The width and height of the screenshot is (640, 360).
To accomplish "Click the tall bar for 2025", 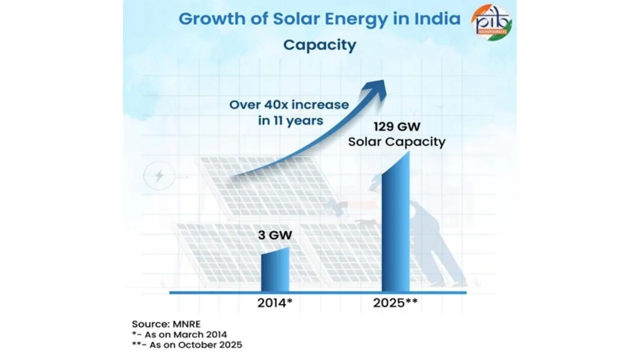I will point(395,225).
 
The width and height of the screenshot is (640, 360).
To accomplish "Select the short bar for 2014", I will point(275,270).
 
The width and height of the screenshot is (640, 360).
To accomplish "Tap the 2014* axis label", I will point(274,303).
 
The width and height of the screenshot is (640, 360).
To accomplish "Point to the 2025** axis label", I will point(395,303).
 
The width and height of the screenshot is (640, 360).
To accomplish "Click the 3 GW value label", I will point(275,235).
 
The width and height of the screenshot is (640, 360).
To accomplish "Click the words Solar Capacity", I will point(396,142).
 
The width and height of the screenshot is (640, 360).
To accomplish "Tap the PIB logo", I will point(491,23).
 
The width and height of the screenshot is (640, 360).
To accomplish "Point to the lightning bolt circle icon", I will point(159,176).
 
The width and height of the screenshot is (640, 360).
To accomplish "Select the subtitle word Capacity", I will point(319,45).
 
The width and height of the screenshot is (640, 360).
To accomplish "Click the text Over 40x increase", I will point(288,105).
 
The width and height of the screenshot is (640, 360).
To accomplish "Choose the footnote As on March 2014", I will point(182,334).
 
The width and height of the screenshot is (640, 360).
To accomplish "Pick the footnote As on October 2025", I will point(187,344).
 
